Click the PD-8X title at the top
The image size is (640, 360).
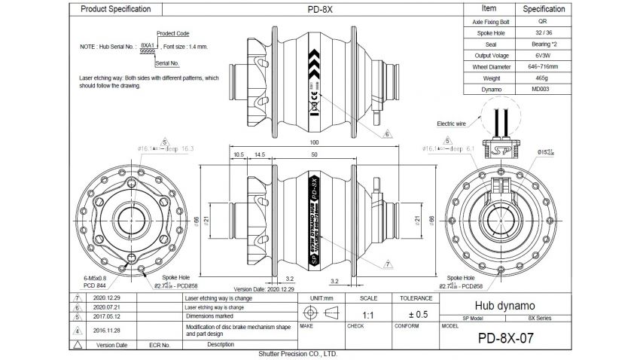pyautogui.click(x=318, y=9)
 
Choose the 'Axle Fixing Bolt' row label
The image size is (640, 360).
pyautogui.click(x=489, y=23)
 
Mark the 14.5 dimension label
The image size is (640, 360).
pyautogui.click(x=259, y=154)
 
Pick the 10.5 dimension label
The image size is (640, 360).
pyautogui.click(x=239, y=154)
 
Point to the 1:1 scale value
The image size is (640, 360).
pyautogui.click(x=368, y=314)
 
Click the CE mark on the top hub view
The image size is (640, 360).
pyautogui.click(x=317, y=96)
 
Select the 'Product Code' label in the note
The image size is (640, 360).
pyautogui.click(x=172, y=34)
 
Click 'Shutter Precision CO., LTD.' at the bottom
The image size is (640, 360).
pyautogui.click(x=297, y=353)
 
